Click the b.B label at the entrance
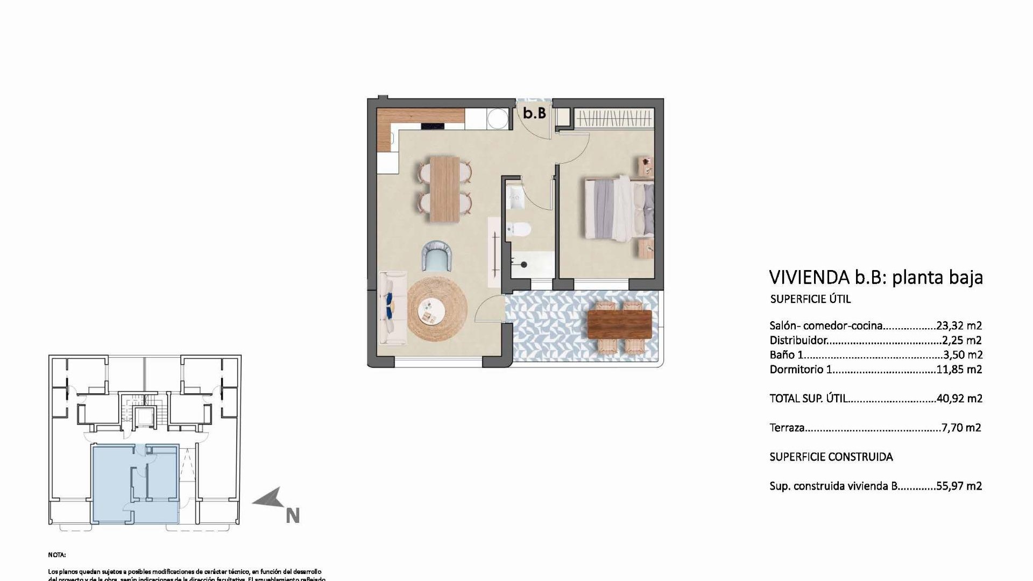534,113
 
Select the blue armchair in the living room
436,256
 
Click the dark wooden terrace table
619,324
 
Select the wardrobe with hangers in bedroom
614,118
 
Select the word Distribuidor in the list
797,340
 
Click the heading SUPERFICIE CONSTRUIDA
831,457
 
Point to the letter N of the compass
292,516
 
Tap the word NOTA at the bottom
56,555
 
